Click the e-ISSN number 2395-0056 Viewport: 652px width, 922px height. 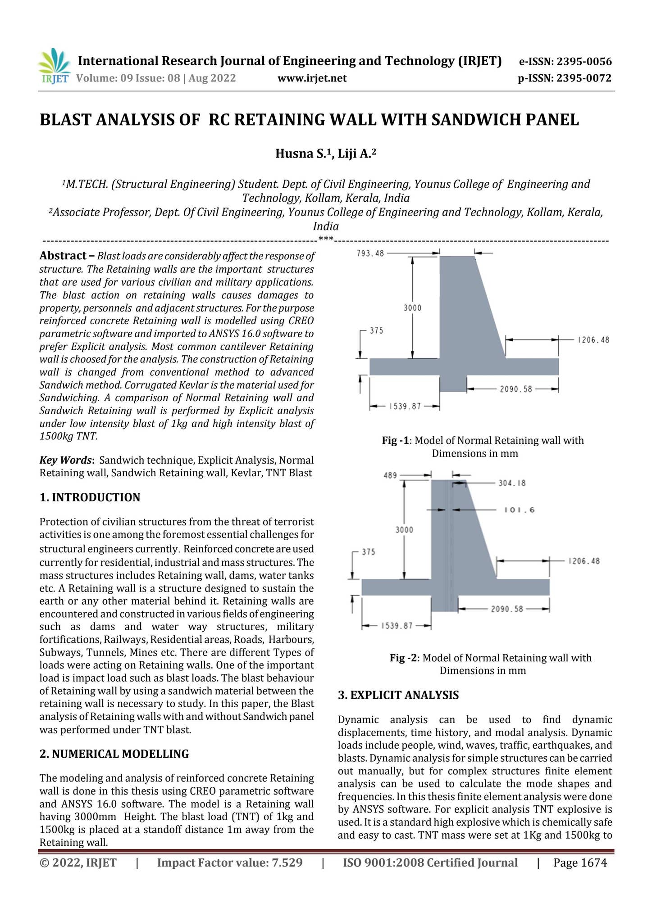click(x=584, y=62)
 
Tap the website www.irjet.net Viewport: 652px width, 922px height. click(x=312, y=78)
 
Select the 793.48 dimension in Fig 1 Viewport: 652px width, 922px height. click(x=370, y=253)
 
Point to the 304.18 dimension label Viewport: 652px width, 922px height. click(x=512, y=484)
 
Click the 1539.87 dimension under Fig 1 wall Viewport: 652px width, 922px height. click(x=404, y=407)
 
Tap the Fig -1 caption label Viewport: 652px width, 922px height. click(x=397, y=440)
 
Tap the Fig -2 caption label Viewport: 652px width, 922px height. click(x=404, y=658)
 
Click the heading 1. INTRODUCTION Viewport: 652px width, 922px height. click(x=90, y=497)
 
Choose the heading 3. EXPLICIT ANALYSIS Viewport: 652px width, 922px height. click(x=398, y=695)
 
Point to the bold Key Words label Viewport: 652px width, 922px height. click(x=67, y=460)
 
